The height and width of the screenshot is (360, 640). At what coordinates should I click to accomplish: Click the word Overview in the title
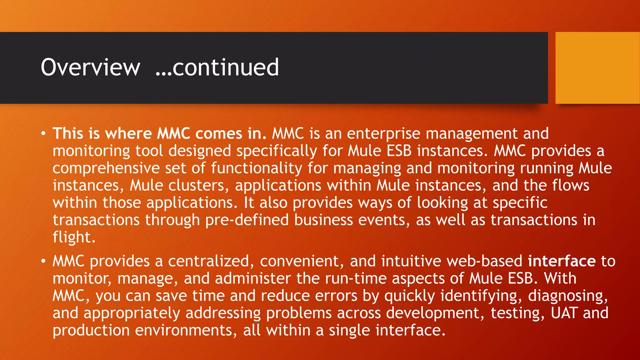coord(90,67)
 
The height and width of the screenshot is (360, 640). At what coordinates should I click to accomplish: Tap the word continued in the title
coord(225,67)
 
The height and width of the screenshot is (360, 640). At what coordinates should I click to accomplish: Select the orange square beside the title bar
coord(597,68)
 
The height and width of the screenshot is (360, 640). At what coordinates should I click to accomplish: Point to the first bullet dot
coord(43,134)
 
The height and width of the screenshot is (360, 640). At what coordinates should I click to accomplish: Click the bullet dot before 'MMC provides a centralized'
coord(43,261)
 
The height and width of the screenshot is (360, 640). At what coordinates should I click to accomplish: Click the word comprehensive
coord(106,168)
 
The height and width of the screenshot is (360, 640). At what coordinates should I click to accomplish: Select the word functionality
coord(257,168)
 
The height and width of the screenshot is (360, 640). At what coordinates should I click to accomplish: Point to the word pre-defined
coord(247,220)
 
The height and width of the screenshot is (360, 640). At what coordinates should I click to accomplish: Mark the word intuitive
coord(411,261)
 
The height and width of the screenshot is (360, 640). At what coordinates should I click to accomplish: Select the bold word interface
coord(562,261)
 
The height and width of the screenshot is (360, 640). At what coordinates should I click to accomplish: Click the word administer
coord(253,278)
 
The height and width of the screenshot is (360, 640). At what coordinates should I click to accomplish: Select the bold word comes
coord(219,134)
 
